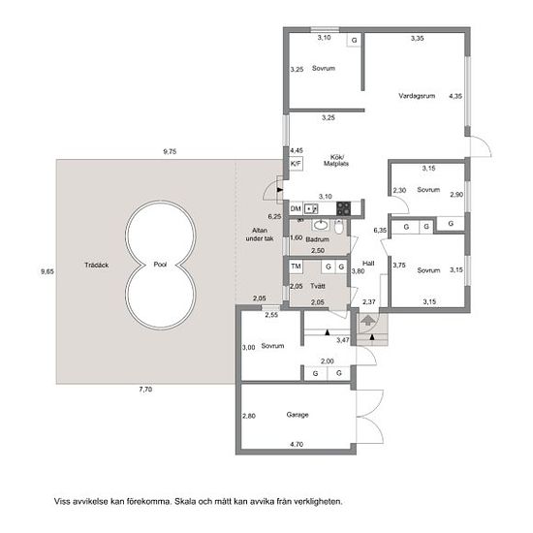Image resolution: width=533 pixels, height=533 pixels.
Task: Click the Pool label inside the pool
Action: [160, 265]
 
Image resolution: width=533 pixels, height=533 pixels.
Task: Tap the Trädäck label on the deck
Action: [97, 266]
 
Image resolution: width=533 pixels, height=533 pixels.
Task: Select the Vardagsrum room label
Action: [417, 96]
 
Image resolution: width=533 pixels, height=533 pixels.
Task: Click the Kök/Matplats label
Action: [336, 161]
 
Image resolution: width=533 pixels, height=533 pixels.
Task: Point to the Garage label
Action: [298, 415]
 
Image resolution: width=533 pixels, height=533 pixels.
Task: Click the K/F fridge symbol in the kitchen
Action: [296, 164]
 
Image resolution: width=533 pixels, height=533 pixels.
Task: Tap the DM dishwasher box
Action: [296, 208]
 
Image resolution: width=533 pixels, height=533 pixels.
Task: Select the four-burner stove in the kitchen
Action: [343, 208]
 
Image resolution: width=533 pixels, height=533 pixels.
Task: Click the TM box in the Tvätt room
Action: [297, 266]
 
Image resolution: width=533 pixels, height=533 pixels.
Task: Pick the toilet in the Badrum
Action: [338, 227]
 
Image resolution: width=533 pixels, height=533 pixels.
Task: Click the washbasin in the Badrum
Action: [320, 225]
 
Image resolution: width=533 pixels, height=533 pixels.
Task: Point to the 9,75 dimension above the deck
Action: [170, 151]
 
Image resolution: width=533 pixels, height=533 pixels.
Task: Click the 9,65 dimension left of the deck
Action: [47, 271]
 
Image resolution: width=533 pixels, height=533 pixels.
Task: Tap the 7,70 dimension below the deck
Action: [145, 390]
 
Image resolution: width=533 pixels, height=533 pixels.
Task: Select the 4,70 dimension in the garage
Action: [297, 444]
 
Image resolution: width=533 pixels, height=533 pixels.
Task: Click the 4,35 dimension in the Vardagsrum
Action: [455, 96]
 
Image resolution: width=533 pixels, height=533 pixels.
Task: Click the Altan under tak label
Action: [260, 235]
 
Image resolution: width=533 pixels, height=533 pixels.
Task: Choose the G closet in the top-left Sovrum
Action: [354, 40]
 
